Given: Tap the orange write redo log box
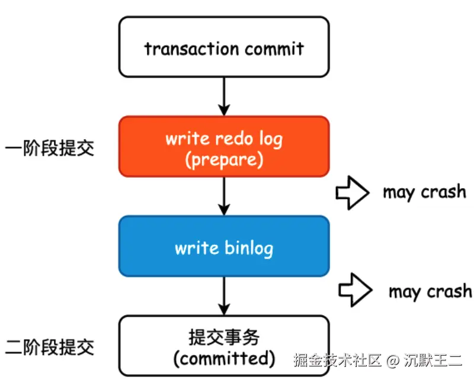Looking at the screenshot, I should coord(224,146).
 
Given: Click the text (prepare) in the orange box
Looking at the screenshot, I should coord(224,158).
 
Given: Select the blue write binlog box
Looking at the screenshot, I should coord(224,246).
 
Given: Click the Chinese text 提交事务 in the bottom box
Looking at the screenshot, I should coord(224,337).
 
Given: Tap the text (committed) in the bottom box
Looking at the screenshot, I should coord(224,358).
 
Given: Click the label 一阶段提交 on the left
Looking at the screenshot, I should coord(49,147).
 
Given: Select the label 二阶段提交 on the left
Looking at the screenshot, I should coord(49,346).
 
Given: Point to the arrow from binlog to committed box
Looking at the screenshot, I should coord(224,295).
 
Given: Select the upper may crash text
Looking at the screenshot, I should coord(424,192).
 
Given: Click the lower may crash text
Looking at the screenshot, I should coord(430,291).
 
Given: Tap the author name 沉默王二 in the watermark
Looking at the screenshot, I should coord(433,359).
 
